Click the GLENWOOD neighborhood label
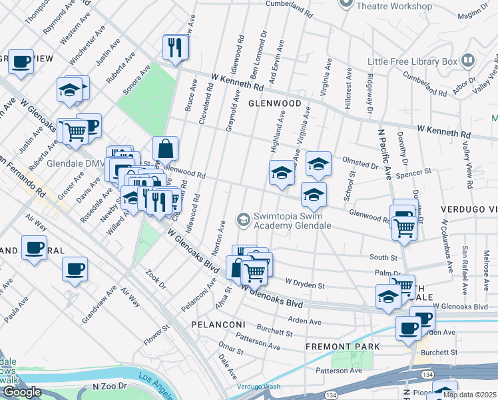pyautogui.click(x=275, y=103)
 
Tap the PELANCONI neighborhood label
pyautogui.click(x=218, y=324)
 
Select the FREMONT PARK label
pyautogui.click(x=342, y=347)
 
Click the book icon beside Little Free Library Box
pyautogui.click(x=468, y=61)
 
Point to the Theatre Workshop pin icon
pyautogui.click(x=346, y=3)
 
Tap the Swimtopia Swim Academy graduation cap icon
pyautogui.click(x=244, y=219)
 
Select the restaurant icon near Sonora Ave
pyautogui.click(x=173, y=47)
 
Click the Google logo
pyautogui.click(x=22, y=392)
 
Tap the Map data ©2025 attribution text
pyautogui.click(x=469, y=395)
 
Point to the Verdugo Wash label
pyautogui.click(x=259, y=387)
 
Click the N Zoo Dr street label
pyautogui.click(x=109, y=386)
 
